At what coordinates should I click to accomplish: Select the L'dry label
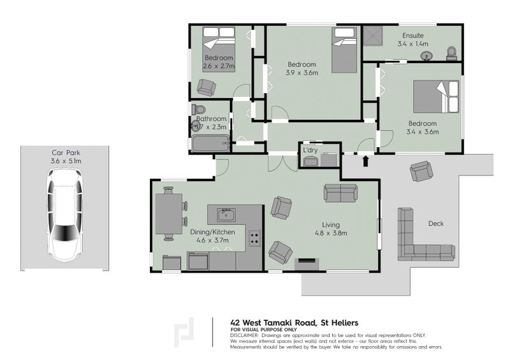click(x=311, y=150)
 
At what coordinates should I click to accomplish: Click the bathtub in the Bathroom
click(x=210, y=143)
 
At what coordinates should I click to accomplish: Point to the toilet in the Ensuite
click(x=452, y=52)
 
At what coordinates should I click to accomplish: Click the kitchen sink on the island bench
click(x=226, y=213)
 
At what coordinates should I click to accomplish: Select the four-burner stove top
click(x=254, y=238)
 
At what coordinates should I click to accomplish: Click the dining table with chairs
click(x=169, y=213)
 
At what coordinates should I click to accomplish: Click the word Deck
click(x=436, y=224)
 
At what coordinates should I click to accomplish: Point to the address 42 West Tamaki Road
click(x=282, y=322)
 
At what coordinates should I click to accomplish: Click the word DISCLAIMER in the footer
click(x=244, y=335)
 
